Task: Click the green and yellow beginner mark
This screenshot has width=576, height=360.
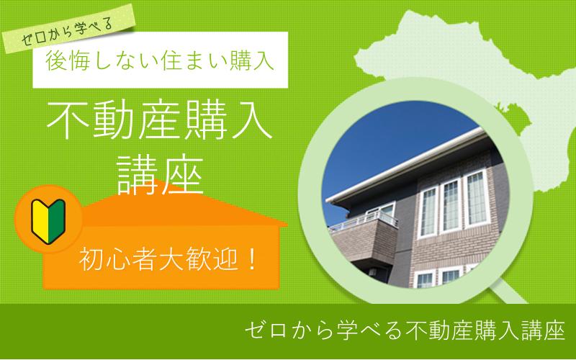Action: pyautogui.click(x=48, y=222)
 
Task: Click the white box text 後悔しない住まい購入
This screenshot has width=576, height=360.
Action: pyautogui.click(x=160, y=60)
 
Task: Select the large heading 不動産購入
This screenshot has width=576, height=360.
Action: pyautogui.click(x=160, y=121)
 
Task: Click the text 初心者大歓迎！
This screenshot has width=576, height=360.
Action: pyautogui.click(x=168, y=260)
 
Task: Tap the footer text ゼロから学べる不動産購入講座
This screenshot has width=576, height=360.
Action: pyautogui.click(x=405, y=330)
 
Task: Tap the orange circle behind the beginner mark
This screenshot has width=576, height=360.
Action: pyautogui.click(x=48, y=220)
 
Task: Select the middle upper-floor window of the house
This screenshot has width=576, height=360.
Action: pyautogui.click(x=451, y=206)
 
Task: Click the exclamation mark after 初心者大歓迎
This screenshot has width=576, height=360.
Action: pyautogui.click(x=251, y=260)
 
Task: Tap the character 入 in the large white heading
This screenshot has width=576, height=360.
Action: pyautogui.click(x=251, y=121)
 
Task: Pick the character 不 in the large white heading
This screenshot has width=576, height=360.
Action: pyautogui.click(x=68, y=121)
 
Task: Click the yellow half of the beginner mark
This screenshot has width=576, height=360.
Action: pyautogui.click(x=40, y=220)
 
